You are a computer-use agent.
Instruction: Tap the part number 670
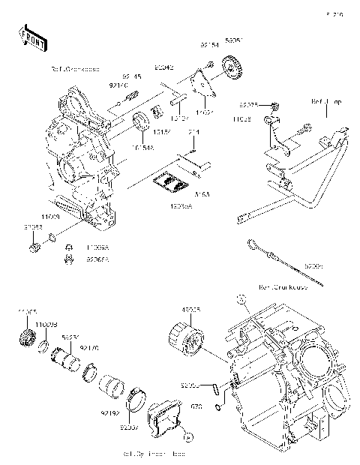(x=196, y=406)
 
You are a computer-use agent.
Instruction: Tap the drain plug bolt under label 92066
(x=34, y=247)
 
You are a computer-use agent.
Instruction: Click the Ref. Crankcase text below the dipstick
(x=286, y=287)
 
